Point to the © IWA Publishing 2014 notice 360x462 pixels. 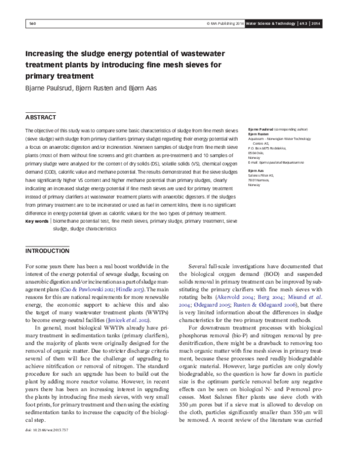[x=223, y=24]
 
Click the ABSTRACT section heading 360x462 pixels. [x=40, y=116]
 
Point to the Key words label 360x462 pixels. [x=37, y=221]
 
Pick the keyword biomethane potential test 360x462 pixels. [x=79, y=221]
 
